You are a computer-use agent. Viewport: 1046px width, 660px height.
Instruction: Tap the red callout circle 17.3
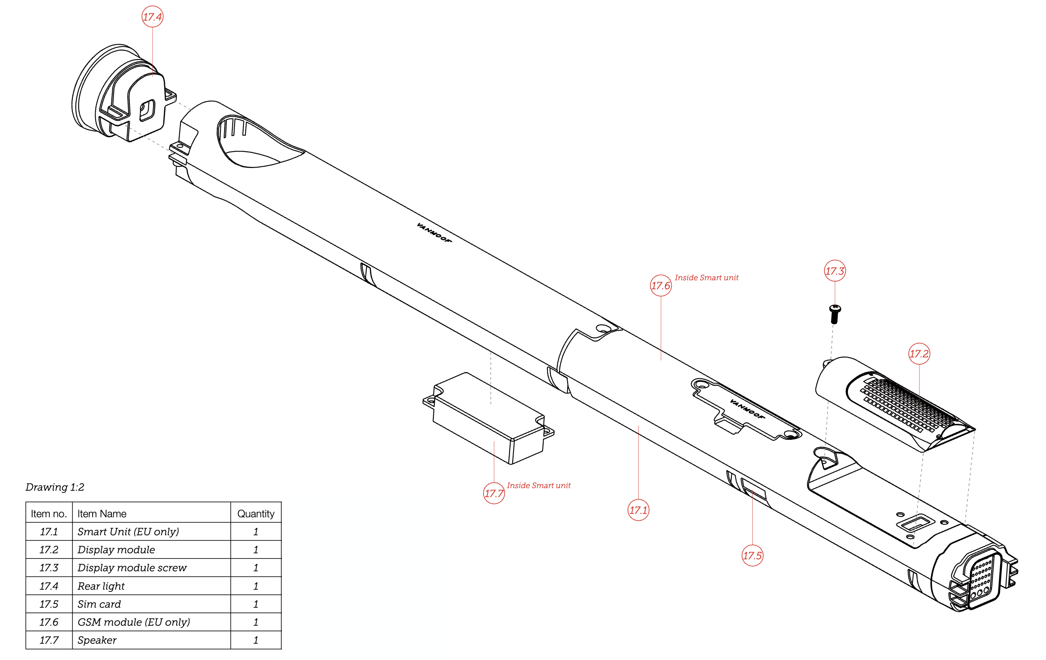pyautogui.click(x=835, y=270)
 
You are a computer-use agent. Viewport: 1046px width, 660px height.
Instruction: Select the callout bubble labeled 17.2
pyautogui.click(x=919, y=354)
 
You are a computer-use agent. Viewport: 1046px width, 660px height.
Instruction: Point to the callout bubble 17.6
pyautogui.click(x=661, y=285)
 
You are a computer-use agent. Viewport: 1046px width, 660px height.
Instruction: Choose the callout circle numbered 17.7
pyautogui.click(x=494, y=493)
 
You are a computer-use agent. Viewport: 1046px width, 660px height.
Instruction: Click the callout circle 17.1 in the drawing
pyautogui.click(x=638, y=510)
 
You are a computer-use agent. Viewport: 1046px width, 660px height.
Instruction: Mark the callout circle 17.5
pyautogui.click(x=752, y=555)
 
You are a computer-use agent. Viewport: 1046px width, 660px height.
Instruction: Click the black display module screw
pyautogui.click(x=835, y=314)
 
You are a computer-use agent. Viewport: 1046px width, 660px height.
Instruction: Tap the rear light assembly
pyautogui.click(x=124, y=93)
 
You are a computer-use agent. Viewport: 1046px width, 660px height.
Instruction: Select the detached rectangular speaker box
pyautogui.click(x=488, y=418)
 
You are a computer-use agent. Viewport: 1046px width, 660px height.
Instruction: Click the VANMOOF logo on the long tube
pyautogui.click(x=434, y=233)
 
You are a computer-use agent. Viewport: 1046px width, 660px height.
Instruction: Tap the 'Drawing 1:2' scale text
pyautogui.click(x=55, y=487)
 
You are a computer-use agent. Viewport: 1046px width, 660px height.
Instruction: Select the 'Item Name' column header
pyautogui.click(x=102, y=514)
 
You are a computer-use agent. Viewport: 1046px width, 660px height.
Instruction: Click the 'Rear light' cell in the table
pyautogui.click(x=101, y=586)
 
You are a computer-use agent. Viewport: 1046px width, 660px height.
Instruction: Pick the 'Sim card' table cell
pyautogui.click(x=99, y=604)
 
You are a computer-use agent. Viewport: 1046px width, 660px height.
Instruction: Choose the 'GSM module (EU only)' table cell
pyautogui.click(x=134, y=622)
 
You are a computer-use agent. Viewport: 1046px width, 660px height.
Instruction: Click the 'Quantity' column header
pyautogui.click(x=256, y=514)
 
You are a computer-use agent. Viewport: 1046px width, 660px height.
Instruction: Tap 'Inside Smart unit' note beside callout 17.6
pyautogui.click(x=706, y=277)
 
